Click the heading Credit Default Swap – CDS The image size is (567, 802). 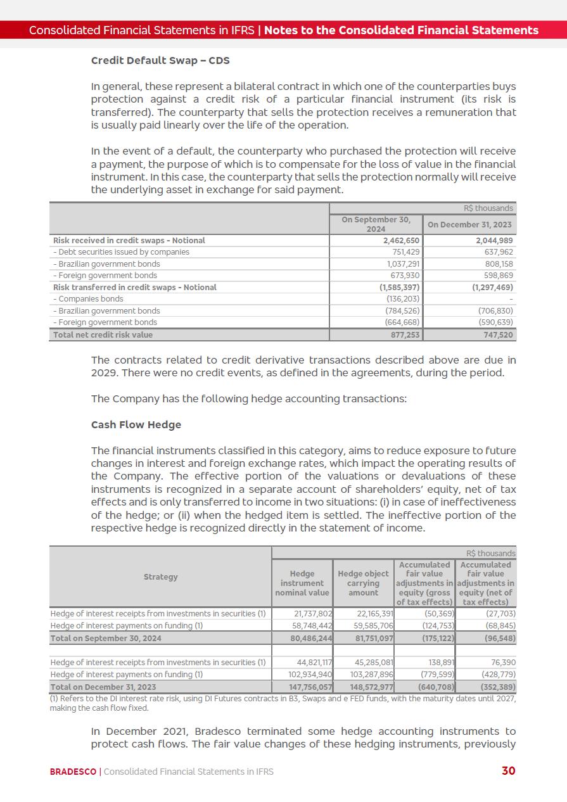pyautogui.click(x=160, y=61)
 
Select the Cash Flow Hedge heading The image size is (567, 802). pyautogui.click(x=136, y=425)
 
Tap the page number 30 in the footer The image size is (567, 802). pyautogui.click(x=508, y=771)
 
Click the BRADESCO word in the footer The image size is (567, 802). pyautogui.click(x=73, y=772)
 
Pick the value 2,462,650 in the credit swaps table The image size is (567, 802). pyautogui.click(x=402, y=241)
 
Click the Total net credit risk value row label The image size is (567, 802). pyautogui.click(x=103, y=334)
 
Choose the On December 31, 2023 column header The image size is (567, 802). pyautogui.click(x=469, y=225)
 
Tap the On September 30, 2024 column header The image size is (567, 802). pyautogui.click(x=376, y=224)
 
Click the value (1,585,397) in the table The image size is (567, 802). pyautogui.click(x=397, y=288)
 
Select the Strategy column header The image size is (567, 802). pyautogui.click(x=160, y=577)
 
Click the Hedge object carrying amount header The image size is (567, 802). pyautogui.click(x=363, y=583)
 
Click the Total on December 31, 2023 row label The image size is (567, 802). pyautogui.click(x=103, y=687)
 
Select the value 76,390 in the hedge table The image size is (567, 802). pyautogui.click(x=500, y=663)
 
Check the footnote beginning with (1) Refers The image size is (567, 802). pyautogui.click(x=283, y=703)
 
